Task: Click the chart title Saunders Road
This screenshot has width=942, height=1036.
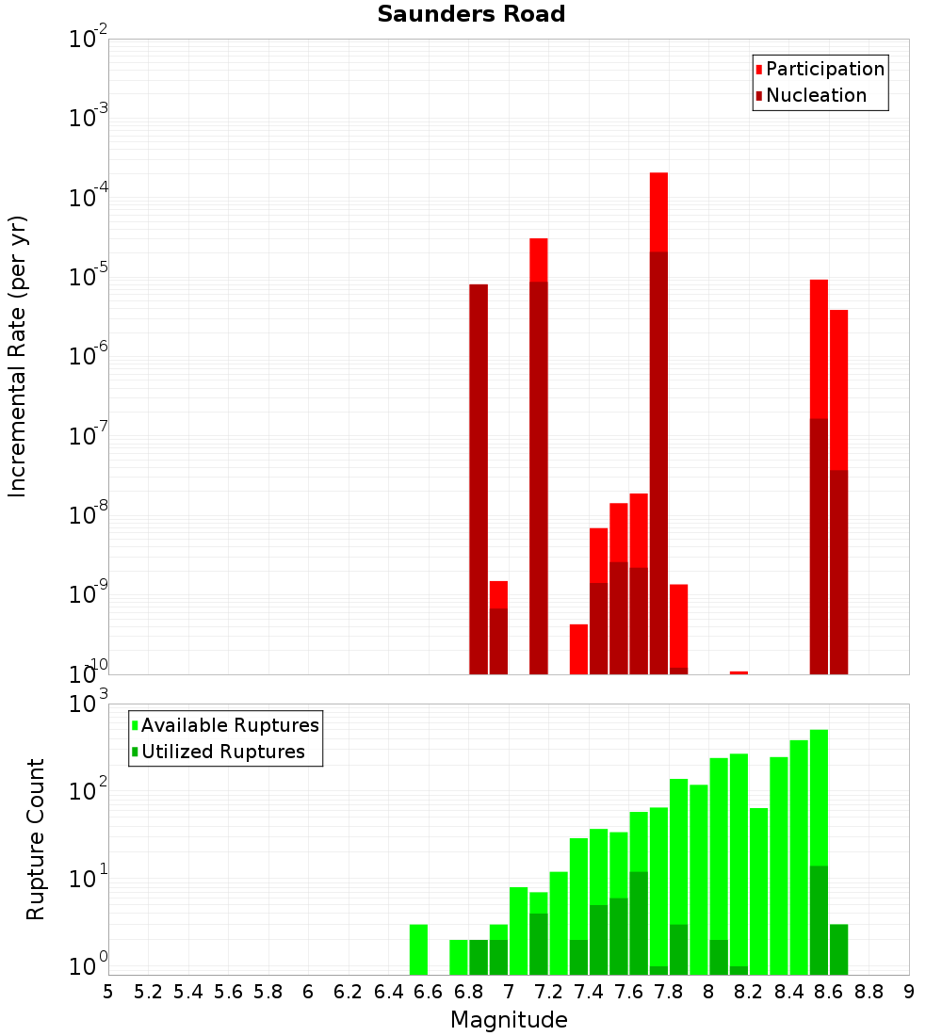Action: [x=471, y=15]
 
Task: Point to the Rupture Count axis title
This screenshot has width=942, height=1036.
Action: [x=36, y=839]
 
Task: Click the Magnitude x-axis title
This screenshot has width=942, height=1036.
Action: [x=509, y=1020]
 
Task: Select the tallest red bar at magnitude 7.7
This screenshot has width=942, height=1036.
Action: [x=658, y=424]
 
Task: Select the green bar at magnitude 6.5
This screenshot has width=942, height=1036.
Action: [x=418, y=949]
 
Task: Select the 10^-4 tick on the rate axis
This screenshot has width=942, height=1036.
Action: [x=87, y=198]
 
